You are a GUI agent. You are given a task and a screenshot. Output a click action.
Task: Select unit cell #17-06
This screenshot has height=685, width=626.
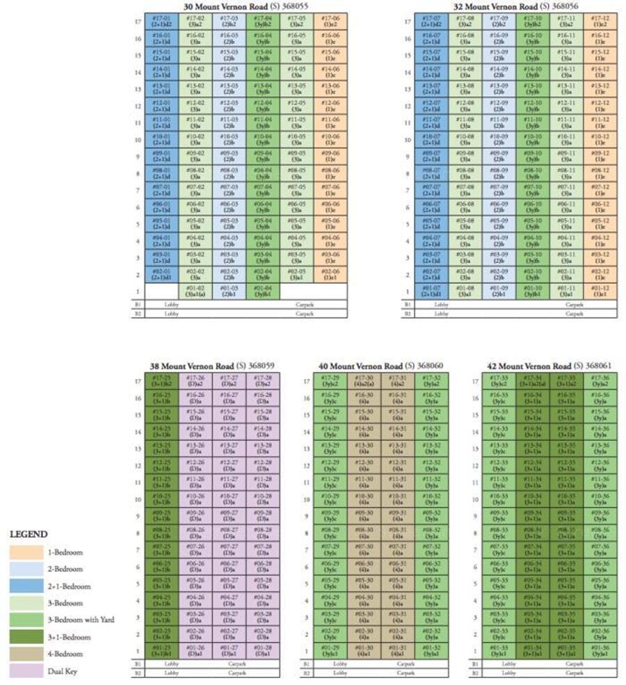coord(330,22)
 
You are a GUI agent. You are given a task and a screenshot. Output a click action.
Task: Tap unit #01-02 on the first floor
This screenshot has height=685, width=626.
coord(195,291)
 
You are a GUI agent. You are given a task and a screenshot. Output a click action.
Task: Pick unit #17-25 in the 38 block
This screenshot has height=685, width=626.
coord(162,381)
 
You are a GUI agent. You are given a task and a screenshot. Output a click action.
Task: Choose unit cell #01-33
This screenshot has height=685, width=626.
coord(499,652)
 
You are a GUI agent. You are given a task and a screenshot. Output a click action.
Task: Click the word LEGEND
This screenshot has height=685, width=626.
coord(29,534)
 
